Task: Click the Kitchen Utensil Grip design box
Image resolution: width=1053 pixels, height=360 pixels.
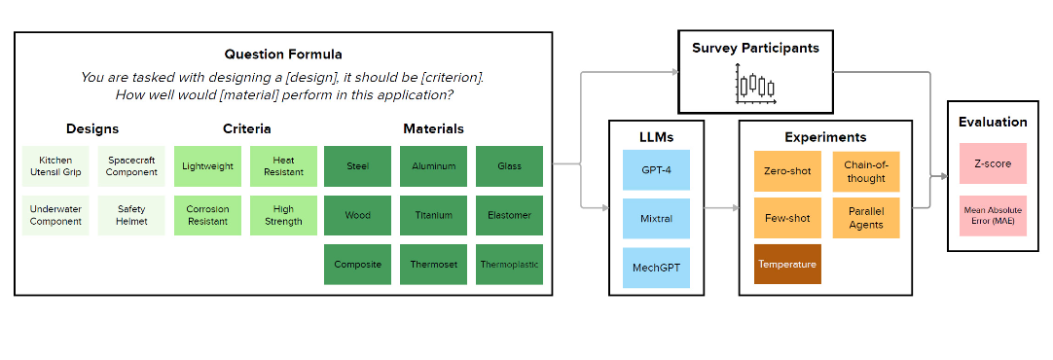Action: pos(55,166)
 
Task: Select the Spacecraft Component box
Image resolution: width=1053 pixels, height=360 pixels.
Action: pos(131,166)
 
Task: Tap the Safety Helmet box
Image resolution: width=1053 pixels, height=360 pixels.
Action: pos(131,215)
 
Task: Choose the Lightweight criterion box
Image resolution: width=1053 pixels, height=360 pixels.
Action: pos(207,166)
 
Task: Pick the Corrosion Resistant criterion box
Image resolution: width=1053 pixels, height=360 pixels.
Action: pos(207,215)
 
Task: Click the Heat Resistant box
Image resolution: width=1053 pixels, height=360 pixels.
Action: pos(283,166)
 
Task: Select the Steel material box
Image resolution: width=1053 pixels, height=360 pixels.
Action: pos(357,166)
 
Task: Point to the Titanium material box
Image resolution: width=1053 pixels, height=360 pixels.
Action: pos(433,215)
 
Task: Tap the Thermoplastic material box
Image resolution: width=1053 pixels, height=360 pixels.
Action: pos(509,265)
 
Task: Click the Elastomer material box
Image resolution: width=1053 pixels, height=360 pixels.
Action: pos(509,215)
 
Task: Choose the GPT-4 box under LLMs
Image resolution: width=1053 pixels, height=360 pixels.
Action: pos(656,170)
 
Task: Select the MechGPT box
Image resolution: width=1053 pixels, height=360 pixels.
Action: pos(656,268)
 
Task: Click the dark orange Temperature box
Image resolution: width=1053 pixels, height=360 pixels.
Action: pos(787,265)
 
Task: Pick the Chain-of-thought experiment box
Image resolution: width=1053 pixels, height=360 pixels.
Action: pos(865,171)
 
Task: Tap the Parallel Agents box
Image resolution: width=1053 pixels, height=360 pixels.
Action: pos(865,218)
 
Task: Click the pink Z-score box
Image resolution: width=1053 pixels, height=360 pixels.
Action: pos(992,163)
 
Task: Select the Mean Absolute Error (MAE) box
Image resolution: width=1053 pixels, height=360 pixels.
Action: pos(992,216)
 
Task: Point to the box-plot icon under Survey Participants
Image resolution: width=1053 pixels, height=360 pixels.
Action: pos(755,87)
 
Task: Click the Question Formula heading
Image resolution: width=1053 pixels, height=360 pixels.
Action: pos(283,54)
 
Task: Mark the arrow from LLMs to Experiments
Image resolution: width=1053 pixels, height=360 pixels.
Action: pos(720,208)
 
